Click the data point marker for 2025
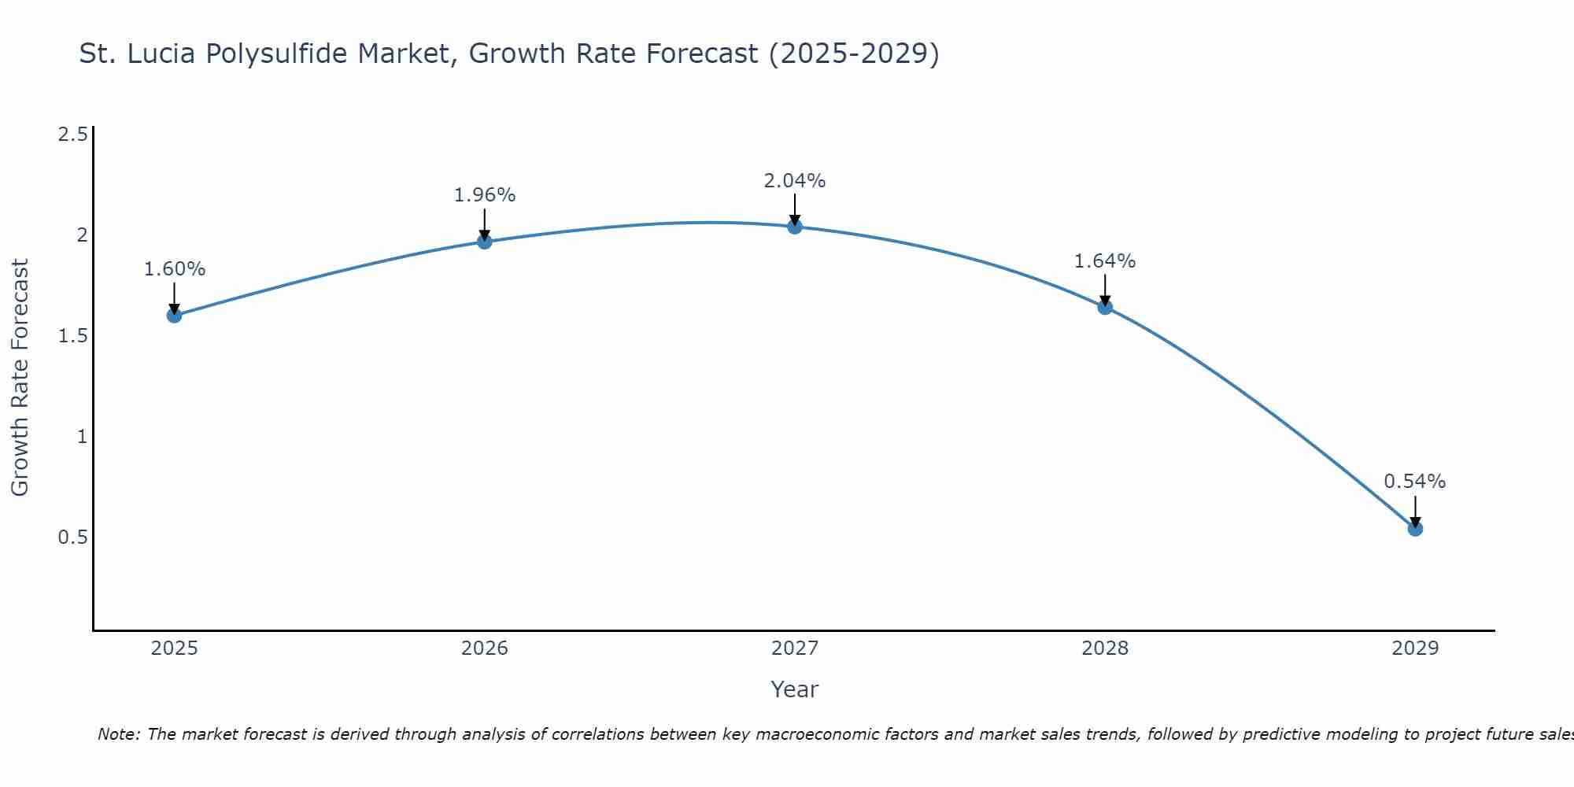[x=174, y=316]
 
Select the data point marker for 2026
[x=485, y=242]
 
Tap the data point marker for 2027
[x=795, y=227]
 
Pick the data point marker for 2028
[x=1105, y=307]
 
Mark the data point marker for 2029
[x=1415, y=529]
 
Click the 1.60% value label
[x=174, y=269]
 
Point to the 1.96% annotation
[x=485, y=195]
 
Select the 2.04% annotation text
[x=795, y=181]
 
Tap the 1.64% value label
[x=1105, y=261]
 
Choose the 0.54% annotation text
[x=1415, y=482]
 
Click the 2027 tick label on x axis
[x=795, y=648]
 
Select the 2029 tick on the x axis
[x=1415, y=648]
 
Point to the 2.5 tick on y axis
[x=72, y=135]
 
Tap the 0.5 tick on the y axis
[x=72, y=538]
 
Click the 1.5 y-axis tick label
[x=72, y=336]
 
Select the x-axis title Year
[x=795, y=689]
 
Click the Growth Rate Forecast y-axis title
[x=20, y=378]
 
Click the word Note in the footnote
[x=118, y=734]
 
